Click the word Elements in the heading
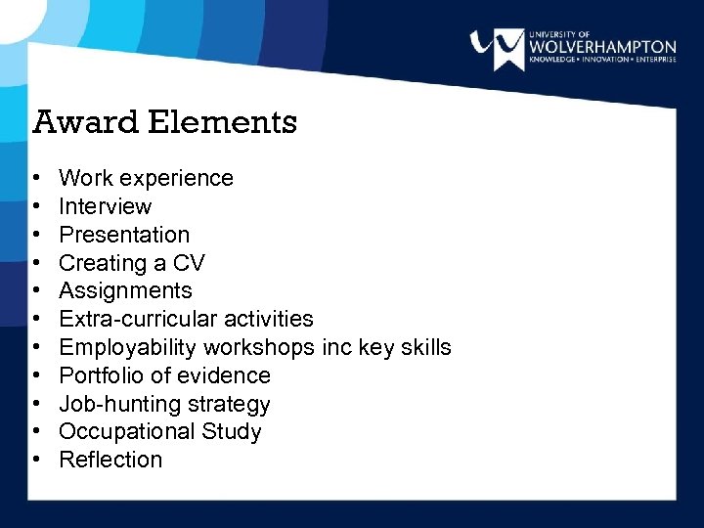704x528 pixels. tap(222, 122)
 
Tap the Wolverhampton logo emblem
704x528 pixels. tap(497, 48)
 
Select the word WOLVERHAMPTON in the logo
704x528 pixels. tap(601, 46)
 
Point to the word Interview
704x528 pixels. tap(106, 206)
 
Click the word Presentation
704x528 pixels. tap(124, 235)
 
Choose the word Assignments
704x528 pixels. tap(125, 290)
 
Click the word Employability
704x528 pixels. tap(125, 347)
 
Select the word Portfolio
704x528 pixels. tap(99, 375)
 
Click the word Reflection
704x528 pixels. tap(110, 460)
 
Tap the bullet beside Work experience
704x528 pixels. tap(35, 179)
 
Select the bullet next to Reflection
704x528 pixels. tap(35, 461)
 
